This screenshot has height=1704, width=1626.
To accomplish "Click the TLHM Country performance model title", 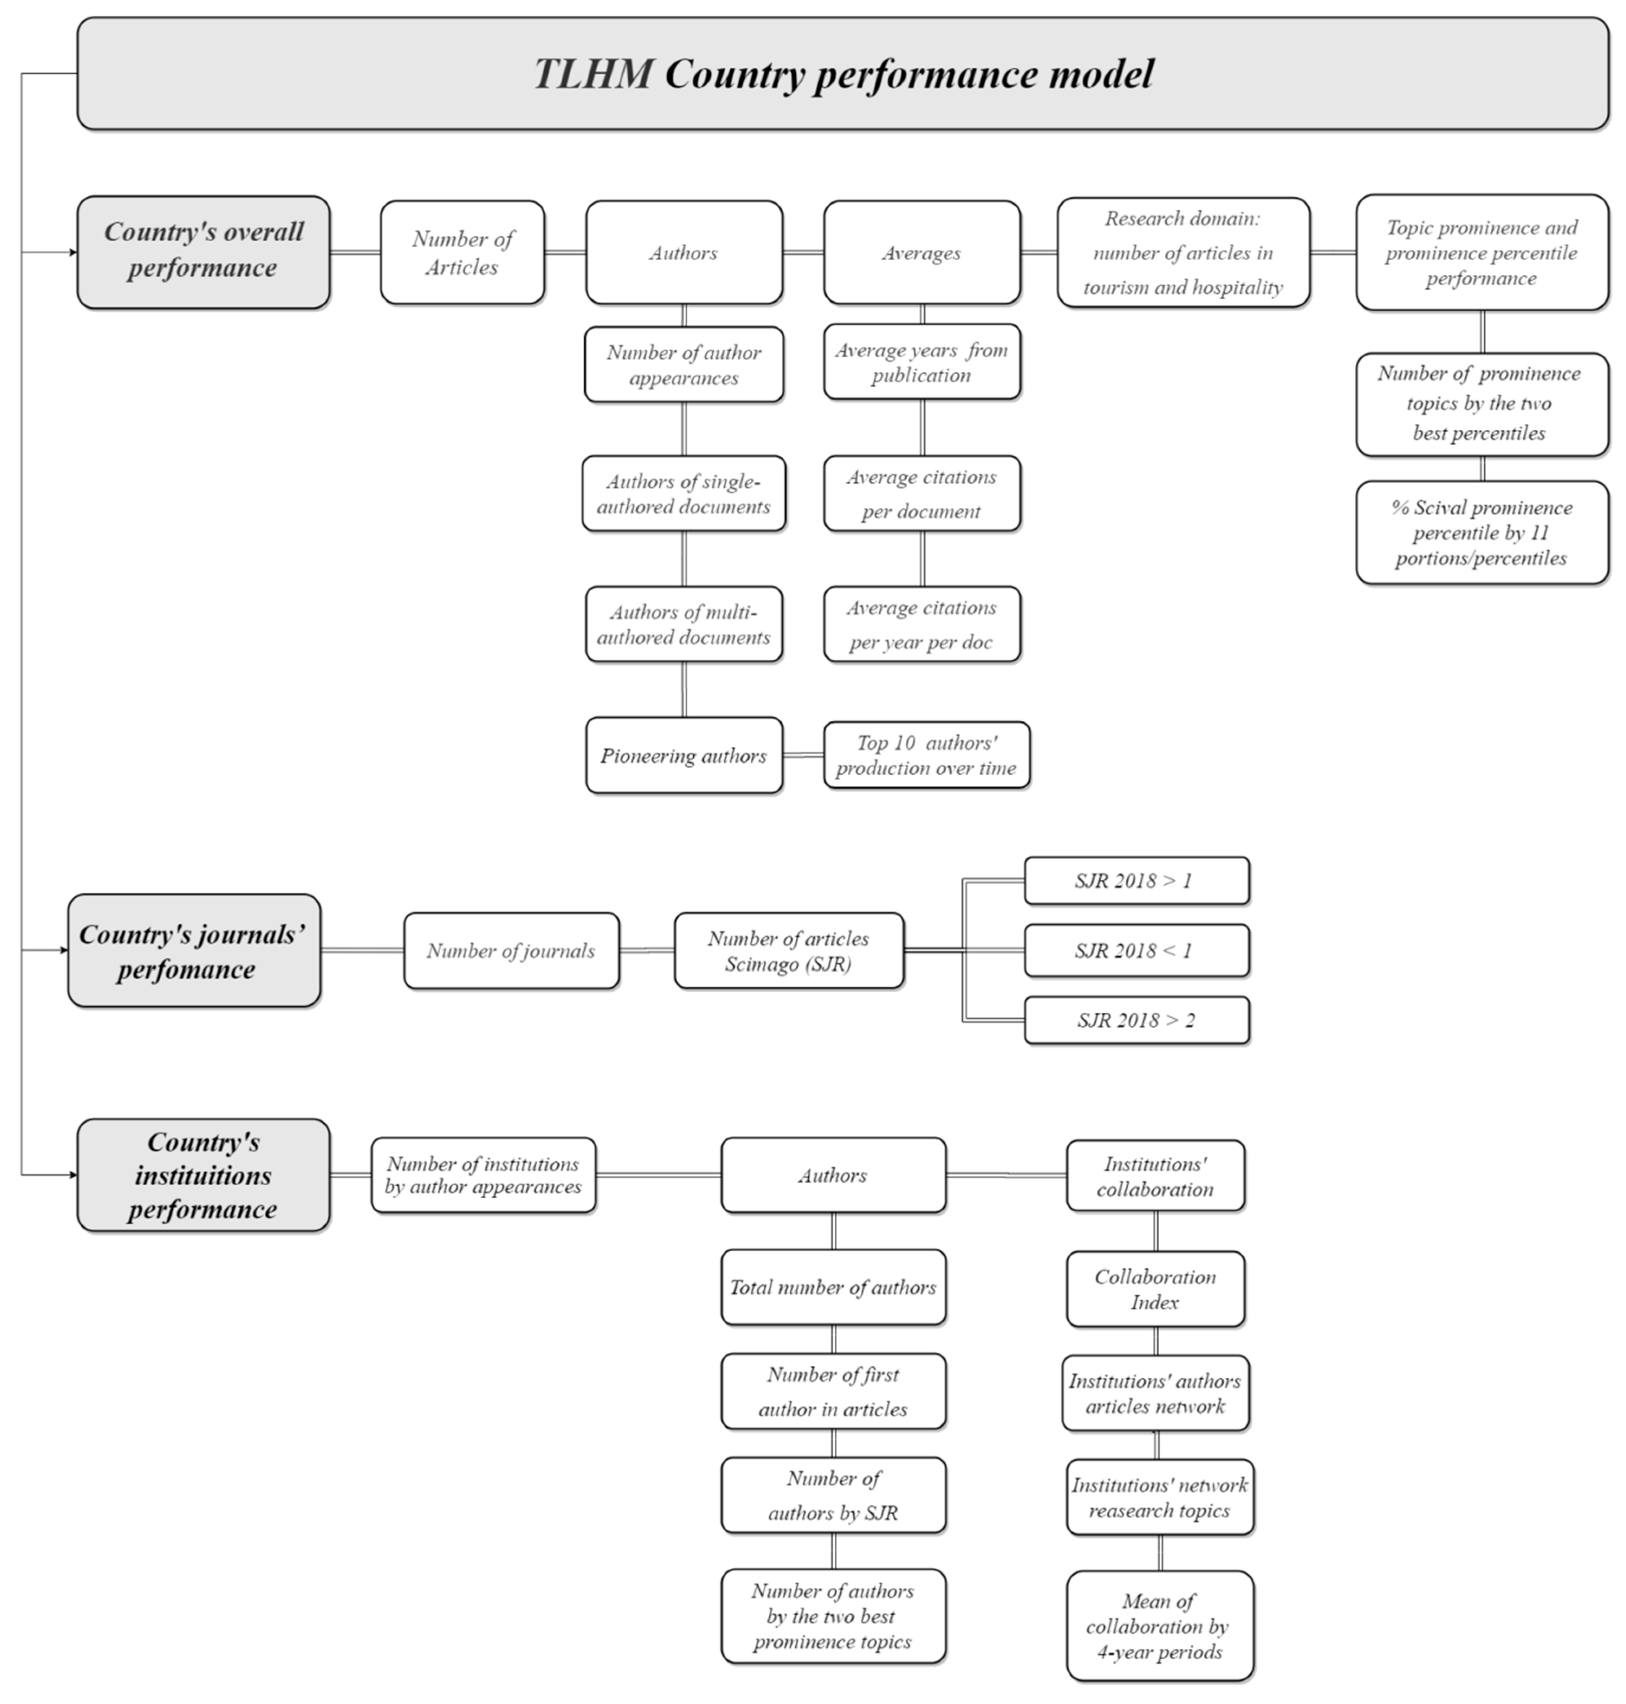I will (x=842, y=74).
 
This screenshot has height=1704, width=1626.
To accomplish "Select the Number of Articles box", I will (x=462, y=252).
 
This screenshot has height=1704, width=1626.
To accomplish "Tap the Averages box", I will (x=921, y=252).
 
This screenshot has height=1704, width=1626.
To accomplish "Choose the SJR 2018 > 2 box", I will (x=1136, y=1020).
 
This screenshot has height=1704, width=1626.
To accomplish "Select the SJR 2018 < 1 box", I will (x=1136, y=950).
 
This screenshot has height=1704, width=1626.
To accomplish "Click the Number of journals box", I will (x=511, y=950).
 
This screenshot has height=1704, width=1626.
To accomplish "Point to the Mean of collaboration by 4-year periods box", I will (x=1160, y=1626).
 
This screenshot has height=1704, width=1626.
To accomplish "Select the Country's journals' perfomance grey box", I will (x=194, y=950).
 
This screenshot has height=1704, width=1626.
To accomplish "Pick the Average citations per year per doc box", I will (x=921, y=625).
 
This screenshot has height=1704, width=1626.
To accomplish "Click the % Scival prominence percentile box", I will (x=1481, y=533).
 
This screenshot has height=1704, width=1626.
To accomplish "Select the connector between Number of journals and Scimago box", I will (x=647, y=950).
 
